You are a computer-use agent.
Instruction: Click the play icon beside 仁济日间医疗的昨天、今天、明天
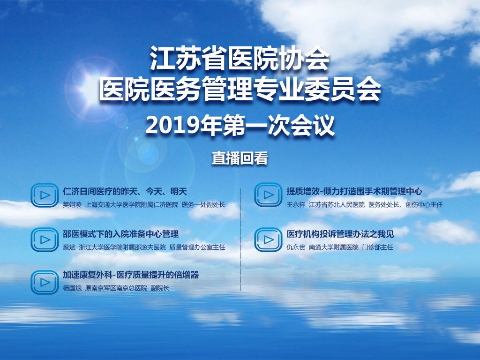(x=45, y=195)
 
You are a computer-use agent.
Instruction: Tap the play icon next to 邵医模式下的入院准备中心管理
(x=45, y=240)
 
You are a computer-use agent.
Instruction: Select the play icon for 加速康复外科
(x=45, y=282)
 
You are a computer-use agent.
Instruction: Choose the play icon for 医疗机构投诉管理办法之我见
(x=268, y=240)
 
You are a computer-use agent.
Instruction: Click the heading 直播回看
(x=240, y=158)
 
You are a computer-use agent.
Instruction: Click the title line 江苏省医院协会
(x=240, y=58)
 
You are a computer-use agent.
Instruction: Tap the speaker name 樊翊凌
(x=72, y=205)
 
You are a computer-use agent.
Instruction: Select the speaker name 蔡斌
(x=69, y=247)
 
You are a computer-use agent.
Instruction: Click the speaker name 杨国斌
(x=72, y=288)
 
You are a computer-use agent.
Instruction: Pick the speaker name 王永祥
(x=296, y=205)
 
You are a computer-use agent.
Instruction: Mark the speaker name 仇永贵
(x=296, y=247)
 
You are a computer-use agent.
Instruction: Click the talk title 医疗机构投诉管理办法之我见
(x=340, y=234)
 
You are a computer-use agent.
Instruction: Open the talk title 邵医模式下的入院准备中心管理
(x=121, y=234)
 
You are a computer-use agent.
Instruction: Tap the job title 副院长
(x=160, y=288)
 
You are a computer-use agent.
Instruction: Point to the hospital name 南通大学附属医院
(x=334, y=247)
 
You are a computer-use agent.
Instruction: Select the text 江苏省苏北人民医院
(x=337, y=205)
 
